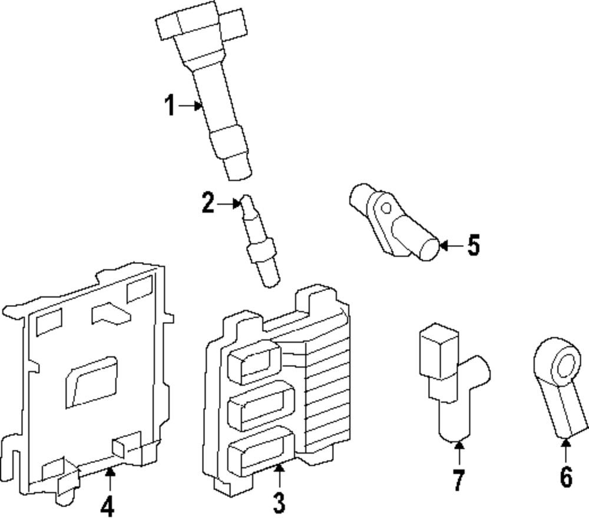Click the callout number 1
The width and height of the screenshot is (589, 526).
(x=170, y=107)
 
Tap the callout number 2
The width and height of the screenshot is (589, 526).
(x=208, y=204)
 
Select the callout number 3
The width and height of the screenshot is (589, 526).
(x=279, y=502)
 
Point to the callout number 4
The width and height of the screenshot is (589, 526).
(x=107, y=505)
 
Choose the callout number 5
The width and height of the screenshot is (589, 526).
(x=474, y=245)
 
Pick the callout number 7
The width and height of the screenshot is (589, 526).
(x=459, y=481)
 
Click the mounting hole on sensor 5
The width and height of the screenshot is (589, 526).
(x=386, y=207)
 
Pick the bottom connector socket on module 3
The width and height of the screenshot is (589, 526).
(x=259, y=450)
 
